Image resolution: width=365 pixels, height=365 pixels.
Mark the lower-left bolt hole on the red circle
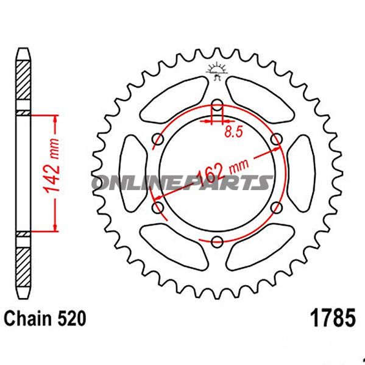click(x=158, y=208)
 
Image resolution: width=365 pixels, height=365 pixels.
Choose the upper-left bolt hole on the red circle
click(x=158, y=140)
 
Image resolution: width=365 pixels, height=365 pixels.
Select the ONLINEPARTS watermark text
click(x=183, y=182)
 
